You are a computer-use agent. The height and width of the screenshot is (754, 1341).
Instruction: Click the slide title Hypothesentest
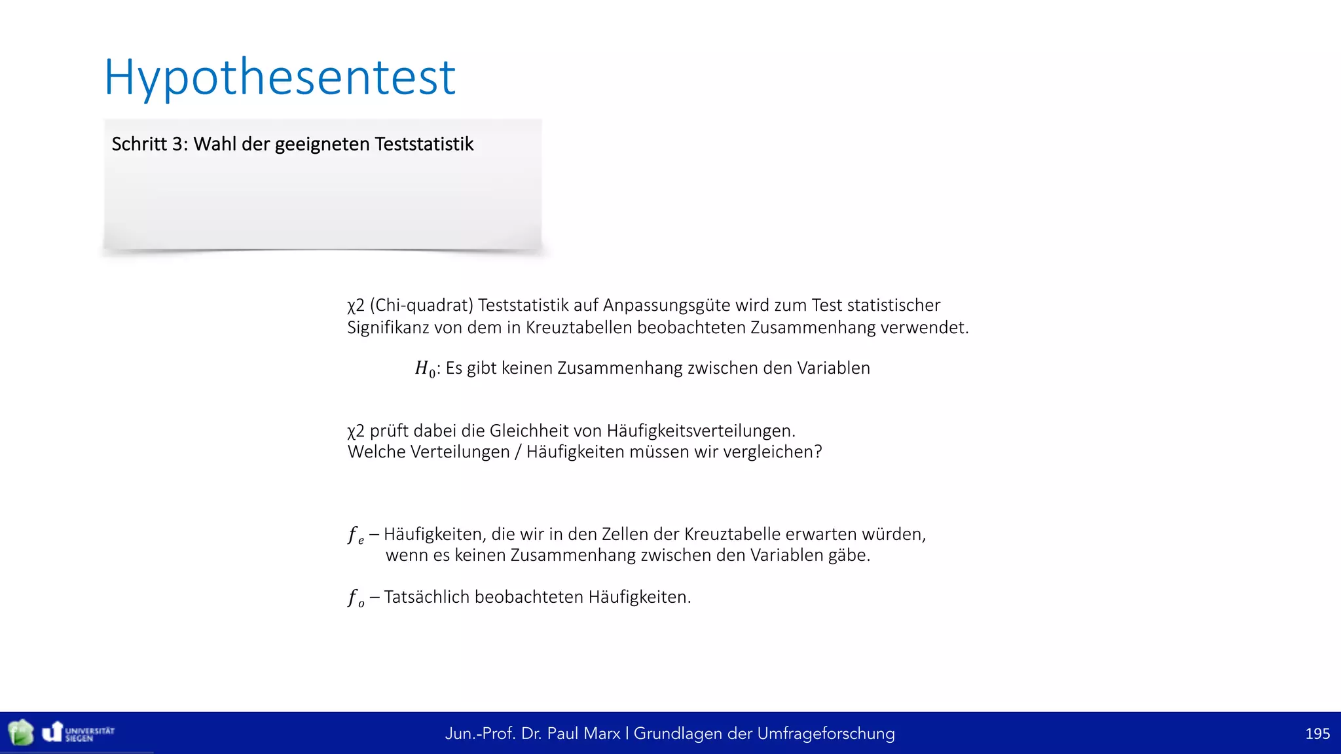[x=280, y=78]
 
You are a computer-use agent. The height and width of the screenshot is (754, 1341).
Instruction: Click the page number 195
[x=1317, y=734]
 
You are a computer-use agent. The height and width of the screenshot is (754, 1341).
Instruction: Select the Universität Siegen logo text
[x=90, y=734]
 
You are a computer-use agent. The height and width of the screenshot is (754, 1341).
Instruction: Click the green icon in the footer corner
[x=20, y=732]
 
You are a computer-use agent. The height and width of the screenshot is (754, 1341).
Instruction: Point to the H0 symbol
[x=425, y=369]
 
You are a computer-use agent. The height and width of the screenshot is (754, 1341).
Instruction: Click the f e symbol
[x=356, y=535]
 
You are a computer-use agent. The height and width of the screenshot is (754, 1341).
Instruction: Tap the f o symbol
[x=356, y=598]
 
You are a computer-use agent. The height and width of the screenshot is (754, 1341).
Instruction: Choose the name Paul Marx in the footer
[x=583, y=734]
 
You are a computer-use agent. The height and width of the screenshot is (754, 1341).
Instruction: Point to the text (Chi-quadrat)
[x=421, y=306]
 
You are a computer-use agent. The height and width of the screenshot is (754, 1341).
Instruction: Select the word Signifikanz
[x=388, y=327]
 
